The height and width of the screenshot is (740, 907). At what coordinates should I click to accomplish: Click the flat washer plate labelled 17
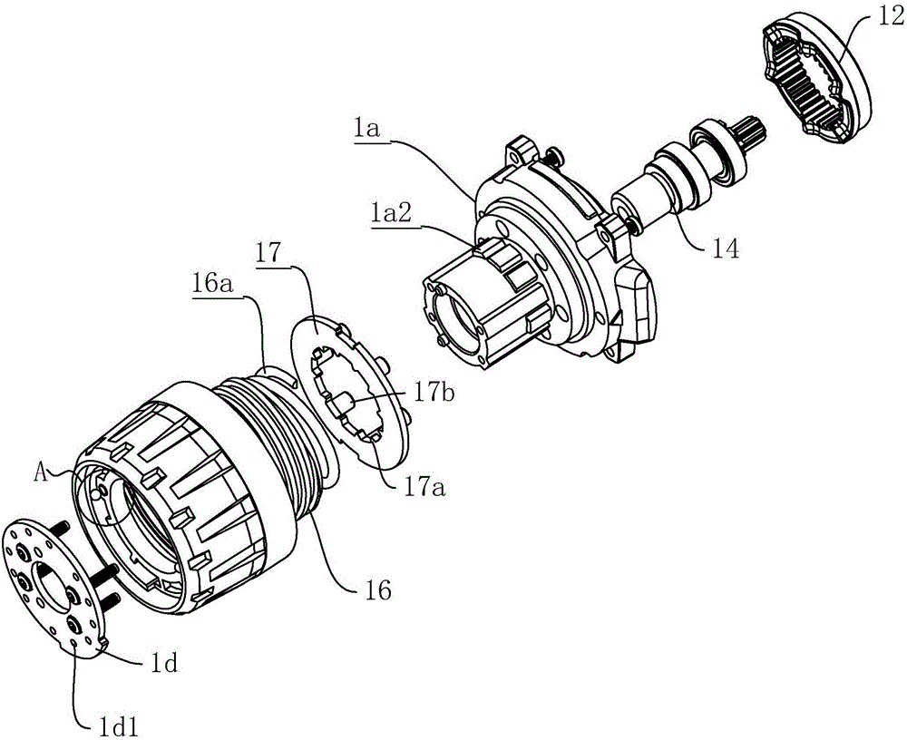pos(349,393)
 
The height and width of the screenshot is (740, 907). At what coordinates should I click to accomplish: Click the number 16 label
pos(376,590)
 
